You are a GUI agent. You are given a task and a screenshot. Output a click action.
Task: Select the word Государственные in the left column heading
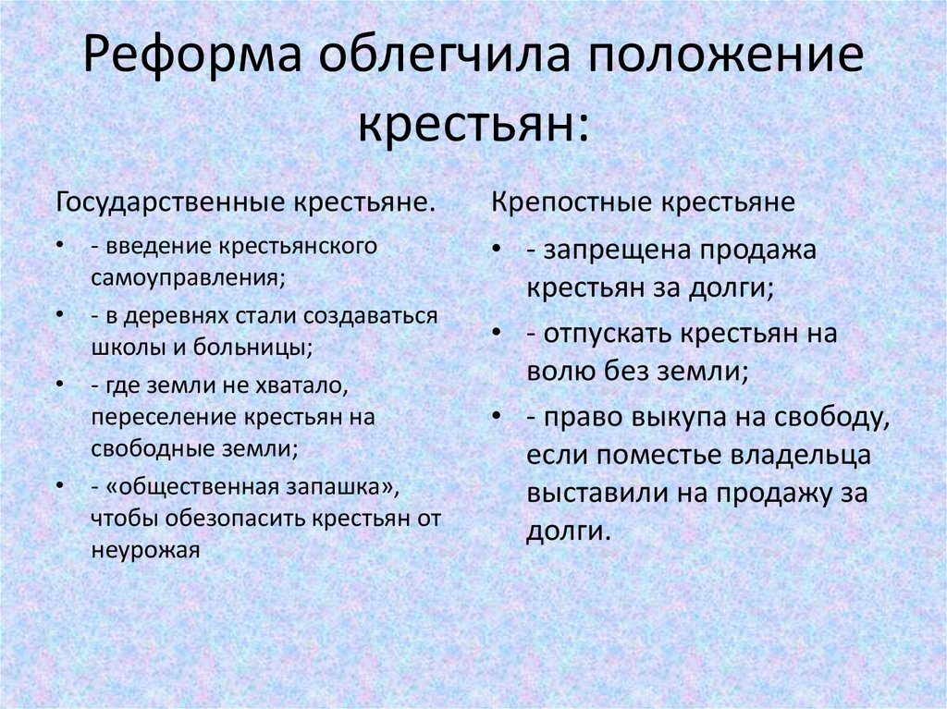click(x=172, y=202)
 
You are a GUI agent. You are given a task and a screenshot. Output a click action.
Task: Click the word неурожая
click(x=145, y=550)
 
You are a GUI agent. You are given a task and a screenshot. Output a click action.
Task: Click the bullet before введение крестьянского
click(x=59, y=249)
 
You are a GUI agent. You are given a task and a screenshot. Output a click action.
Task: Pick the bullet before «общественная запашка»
click(x=59, y=485)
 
